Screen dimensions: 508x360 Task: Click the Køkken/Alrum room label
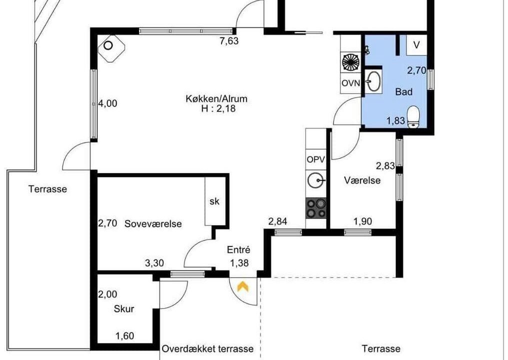216,98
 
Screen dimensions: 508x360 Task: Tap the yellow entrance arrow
243,286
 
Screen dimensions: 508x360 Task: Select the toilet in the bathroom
413,117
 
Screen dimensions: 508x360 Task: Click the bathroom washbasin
374,81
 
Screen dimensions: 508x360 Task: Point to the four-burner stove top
316,208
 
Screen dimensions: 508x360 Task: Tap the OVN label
351,83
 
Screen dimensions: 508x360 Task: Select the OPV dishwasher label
316,159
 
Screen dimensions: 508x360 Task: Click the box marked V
416,45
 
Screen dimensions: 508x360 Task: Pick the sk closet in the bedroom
214,201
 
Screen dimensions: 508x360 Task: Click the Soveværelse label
153,224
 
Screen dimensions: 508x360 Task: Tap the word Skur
124,309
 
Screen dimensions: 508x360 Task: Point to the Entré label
238,250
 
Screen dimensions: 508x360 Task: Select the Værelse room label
362,180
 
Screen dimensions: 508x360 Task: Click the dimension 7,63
229,41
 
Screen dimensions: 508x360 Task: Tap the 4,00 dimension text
107,103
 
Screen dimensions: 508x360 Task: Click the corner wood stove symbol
111,48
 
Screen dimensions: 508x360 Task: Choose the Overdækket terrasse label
207,348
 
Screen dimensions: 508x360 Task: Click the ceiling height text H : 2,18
218,109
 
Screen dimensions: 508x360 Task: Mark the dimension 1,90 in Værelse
362,221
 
